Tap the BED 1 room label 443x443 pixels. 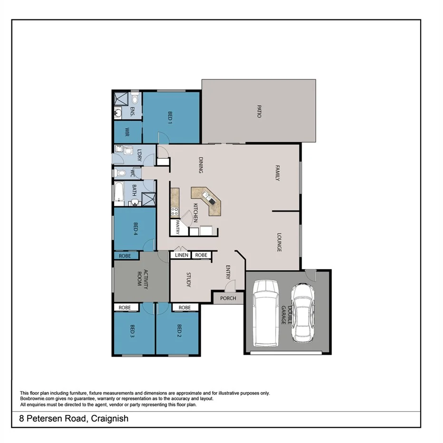(x=170, y=117)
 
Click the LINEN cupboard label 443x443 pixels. (x=182, y=255)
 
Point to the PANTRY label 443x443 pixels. (x=177, y=227)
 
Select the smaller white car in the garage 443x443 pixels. (x=302, y=312)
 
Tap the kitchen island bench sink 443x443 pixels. (x=208, y=196)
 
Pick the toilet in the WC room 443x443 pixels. (x=121, y=173)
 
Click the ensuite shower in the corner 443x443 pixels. (x=121, y=99)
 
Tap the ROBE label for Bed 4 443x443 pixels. (x=125, y=255)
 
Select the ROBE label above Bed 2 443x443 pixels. (x=184, y=308)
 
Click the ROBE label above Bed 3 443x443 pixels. (x=125, y=308)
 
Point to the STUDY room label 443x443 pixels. (x=188, y=280)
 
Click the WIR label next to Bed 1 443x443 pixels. (x=127, y=131)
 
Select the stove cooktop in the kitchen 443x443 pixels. (x=174, y=212)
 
